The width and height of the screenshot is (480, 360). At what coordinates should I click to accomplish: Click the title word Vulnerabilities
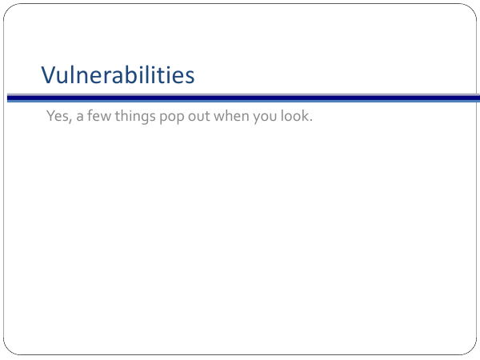(x=118, y=74)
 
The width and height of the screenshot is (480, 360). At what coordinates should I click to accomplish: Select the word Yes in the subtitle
(x=58, y=116)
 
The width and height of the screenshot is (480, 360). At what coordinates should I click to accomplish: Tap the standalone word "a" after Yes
(x=79, y=118)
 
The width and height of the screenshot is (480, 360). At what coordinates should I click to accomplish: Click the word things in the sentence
(x=135, y=117)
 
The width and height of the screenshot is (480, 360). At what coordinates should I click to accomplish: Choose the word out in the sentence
(x=198, y=116)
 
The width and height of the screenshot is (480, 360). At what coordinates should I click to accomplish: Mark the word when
(x=231, y=116)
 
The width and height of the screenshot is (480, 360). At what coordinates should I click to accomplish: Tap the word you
(x=265, y=118)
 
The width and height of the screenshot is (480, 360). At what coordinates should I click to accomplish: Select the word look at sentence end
(x=294, y=116)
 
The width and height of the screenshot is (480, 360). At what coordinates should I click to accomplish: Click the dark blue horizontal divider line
(x=244, y=98)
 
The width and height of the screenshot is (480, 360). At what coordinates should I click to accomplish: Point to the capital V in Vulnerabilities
(x=50, y=75)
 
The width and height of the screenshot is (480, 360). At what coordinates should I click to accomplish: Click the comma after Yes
(x=70, y=121)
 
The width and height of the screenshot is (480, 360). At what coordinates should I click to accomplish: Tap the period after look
(x=310, y=120)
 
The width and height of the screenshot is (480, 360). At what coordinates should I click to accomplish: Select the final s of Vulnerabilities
(x=190, y=77)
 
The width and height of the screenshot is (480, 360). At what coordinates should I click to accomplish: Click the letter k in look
(x=305, y=116)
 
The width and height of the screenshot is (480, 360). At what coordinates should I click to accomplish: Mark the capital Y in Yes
(x=50, y=116)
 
